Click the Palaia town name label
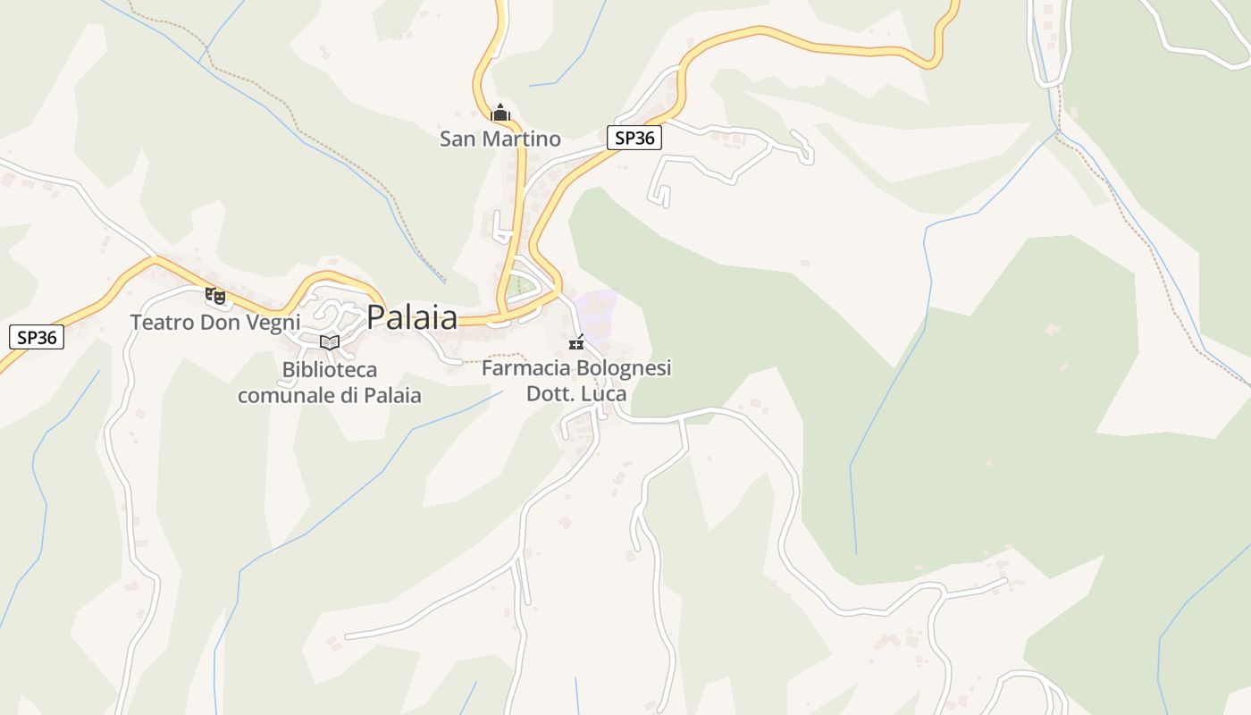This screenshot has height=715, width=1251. [x=412, y=317]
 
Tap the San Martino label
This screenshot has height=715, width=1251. [x=500, y=139]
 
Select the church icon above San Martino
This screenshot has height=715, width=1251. [x=500, y=114]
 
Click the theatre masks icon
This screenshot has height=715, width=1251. [x=215, y=295]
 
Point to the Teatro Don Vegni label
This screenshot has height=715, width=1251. [x=215, y=322]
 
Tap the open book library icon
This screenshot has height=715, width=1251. [x=330, y=342]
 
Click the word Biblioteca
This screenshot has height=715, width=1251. [x=330, y=369]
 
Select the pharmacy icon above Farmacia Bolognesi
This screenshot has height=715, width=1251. [x=576, y=343]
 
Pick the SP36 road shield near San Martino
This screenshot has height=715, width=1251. [x=634, y=139]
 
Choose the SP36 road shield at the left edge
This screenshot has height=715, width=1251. [x=37, y=337]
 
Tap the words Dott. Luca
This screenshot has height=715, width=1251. [x=576, y=393]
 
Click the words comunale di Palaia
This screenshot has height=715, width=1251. [x=330, y=395]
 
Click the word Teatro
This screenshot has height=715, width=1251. [x=162, y=322]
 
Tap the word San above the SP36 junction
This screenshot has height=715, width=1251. [x=458, y=139]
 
